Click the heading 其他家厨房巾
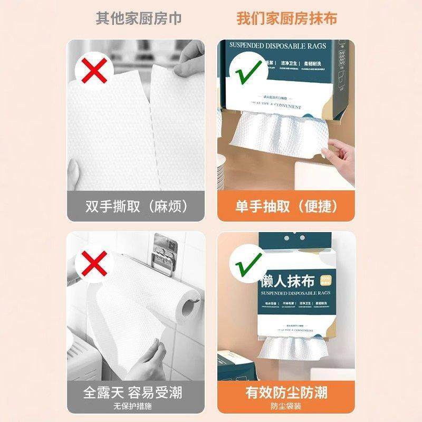pos(138,18)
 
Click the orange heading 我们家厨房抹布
pos(286,18)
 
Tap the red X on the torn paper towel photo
pos(93,70)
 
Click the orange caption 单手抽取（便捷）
pos(286,206)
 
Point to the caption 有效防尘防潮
pos(286,393)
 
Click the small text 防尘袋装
pos(286,407)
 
